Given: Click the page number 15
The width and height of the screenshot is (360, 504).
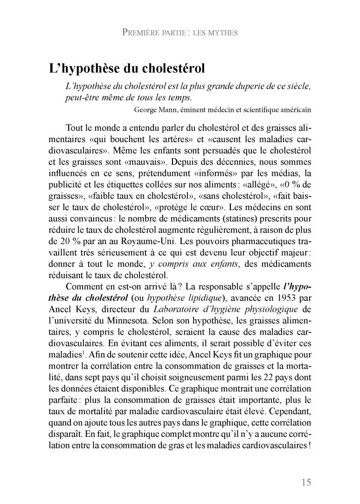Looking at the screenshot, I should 305,483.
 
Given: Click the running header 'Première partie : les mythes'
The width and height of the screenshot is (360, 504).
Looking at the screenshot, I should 180,33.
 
